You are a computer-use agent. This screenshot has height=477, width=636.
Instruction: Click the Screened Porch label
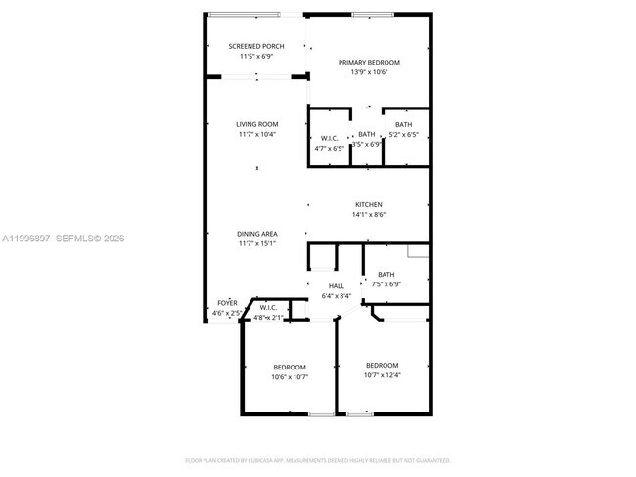(256, 46)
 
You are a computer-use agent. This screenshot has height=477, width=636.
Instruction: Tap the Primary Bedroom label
(369, 63)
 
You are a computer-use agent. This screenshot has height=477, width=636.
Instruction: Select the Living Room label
(256, 124)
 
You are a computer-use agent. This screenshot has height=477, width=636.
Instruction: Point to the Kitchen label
(368, 204)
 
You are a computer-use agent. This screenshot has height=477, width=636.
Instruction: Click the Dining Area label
(256, 234)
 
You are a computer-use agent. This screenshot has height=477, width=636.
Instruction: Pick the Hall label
(336, 285)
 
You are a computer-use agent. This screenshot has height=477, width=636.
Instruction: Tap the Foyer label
(227, 303)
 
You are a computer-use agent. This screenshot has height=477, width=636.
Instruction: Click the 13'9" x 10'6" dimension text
(369, 72)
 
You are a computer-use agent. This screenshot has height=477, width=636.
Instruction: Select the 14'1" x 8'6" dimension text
(368, 215)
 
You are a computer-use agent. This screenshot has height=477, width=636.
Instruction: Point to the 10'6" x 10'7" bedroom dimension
(290, 376)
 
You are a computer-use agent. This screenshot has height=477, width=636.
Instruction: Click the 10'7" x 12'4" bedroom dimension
(383, 375)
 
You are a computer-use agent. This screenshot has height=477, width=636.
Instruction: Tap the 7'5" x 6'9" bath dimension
(386, 284)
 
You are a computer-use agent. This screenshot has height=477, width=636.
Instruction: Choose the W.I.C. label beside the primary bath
(330, 138)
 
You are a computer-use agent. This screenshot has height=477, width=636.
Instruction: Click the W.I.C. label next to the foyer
(268, 308)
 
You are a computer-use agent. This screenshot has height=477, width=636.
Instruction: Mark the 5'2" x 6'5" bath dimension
(403, 135)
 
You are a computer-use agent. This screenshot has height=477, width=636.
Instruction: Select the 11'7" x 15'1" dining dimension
(256, 244)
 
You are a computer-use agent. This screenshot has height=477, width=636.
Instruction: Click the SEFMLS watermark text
(89, 238)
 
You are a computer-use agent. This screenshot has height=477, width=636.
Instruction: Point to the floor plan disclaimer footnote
(317, 459)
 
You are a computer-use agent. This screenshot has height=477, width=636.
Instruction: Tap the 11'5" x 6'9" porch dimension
(256, 56)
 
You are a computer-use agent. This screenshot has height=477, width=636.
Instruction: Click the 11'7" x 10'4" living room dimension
(256, 134)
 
